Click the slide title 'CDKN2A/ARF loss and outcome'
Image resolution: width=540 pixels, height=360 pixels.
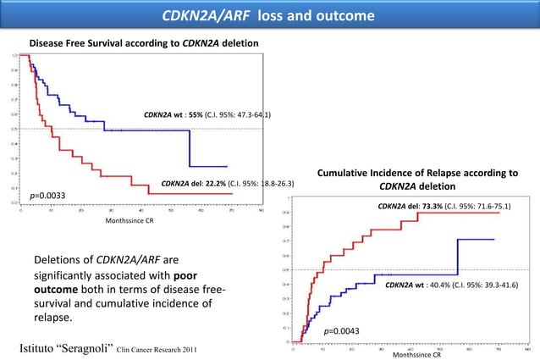pyautogui.click(x=269, y=16)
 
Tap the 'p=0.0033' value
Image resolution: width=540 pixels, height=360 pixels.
pyautogui.click(x=47, y=197)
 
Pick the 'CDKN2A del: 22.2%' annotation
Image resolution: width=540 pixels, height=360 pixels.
pyautogui.click(x=228, y=183)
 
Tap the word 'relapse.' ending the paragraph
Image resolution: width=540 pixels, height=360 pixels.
pyautogui.click(x=53, y=318)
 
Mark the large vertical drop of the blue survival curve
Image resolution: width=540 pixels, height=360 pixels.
pyautogui.click(x=189, y=148)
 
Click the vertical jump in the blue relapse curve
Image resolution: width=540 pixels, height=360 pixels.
pyautogui.click(x=458, y=258)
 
